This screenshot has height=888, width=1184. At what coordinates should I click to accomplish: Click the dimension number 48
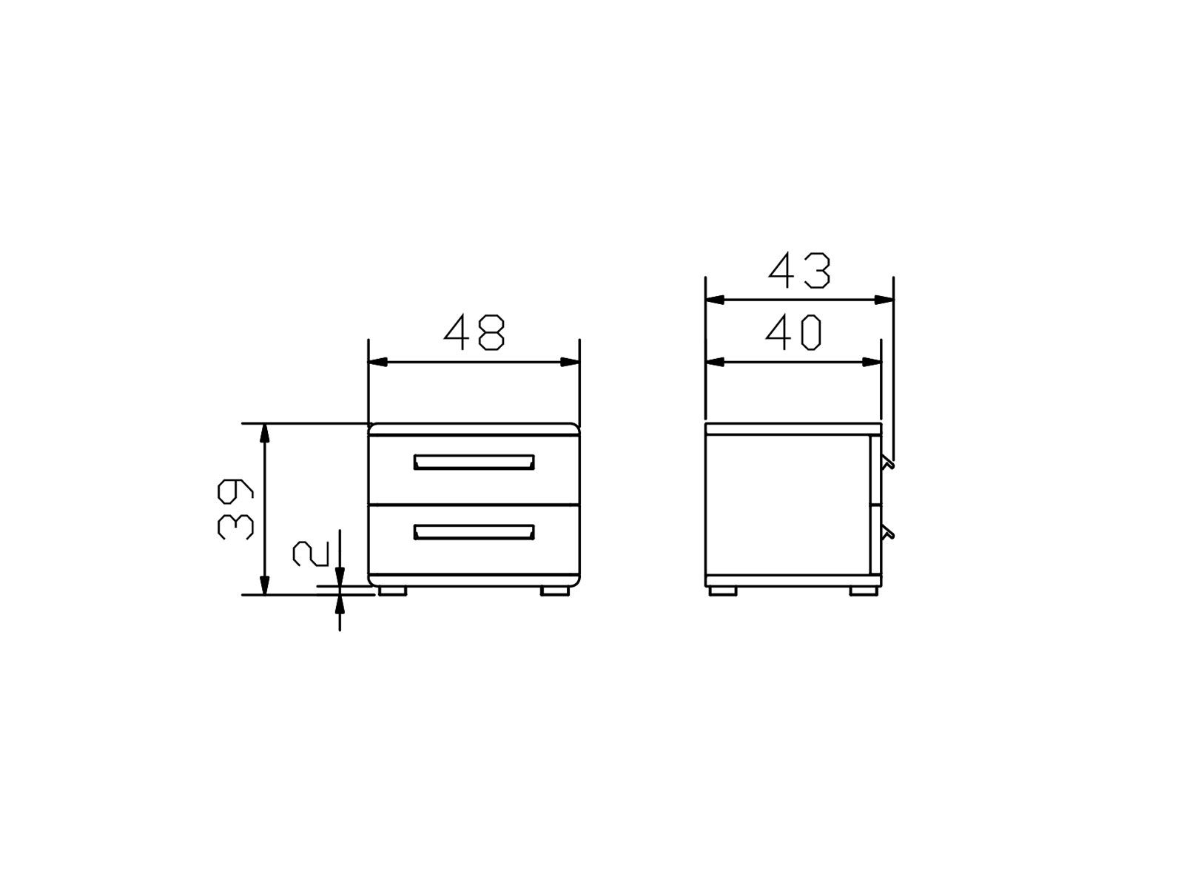(474, 332)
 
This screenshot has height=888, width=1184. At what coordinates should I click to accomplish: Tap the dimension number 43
(799, 270)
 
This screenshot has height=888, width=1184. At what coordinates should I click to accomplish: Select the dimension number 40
(793, 332)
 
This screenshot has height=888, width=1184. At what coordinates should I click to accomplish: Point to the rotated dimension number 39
(235, 508)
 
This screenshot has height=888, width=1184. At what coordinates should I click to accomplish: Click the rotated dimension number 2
(311, 554)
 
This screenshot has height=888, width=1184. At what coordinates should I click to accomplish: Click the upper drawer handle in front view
(474, 462)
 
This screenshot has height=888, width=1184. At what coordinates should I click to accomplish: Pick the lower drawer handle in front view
(474, 532)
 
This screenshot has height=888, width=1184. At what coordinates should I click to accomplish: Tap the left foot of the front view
(392, 591)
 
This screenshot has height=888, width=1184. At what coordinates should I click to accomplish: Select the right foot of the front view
(554, 591)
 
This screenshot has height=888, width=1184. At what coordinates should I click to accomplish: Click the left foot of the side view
(722, 591)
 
